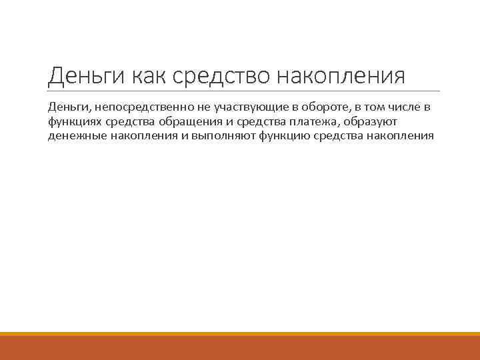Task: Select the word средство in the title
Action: click(x=221, y=76)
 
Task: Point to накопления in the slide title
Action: click(x=341, y=76)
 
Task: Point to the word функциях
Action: click(x=75, y=121)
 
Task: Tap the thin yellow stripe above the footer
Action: click(x=240, y=334)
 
